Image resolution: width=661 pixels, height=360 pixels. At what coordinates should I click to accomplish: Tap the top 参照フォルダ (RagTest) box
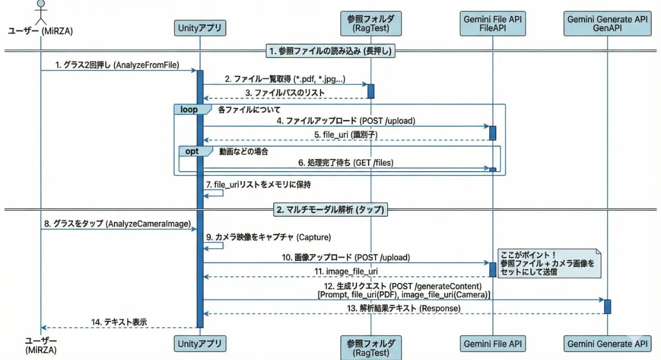(370, 23)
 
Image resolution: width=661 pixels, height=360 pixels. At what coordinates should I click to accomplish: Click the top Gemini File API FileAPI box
(492, 23)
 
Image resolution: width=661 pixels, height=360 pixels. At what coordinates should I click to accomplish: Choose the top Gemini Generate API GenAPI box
(607, 23)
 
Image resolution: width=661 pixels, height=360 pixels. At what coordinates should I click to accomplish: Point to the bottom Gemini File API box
(492, 345)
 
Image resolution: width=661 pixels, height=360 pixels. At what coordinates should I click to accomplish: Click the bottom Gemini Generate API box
(607, 345)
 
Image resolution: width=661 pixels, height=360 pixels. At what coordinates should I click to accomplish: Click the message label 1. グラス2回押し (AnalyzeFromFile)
(117, 64)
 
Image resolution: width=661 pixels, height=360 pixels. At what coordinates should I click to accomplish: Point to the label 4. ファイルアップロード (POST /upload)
(346, 121)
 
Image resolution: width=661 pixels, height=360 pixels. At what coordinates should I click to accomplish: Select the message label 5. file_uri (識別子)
(345, 134)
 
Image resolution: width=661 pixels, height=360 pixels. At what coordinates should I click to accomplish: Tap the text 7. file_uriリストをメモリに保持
(262, 185)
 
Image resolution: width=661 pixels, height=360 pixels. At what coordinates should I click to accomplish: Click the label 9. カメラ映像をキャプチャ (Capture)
(268, 237)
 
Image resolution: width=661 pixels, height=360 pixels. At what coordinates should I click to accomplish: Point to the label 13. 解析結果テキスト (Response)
(404, 308)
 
